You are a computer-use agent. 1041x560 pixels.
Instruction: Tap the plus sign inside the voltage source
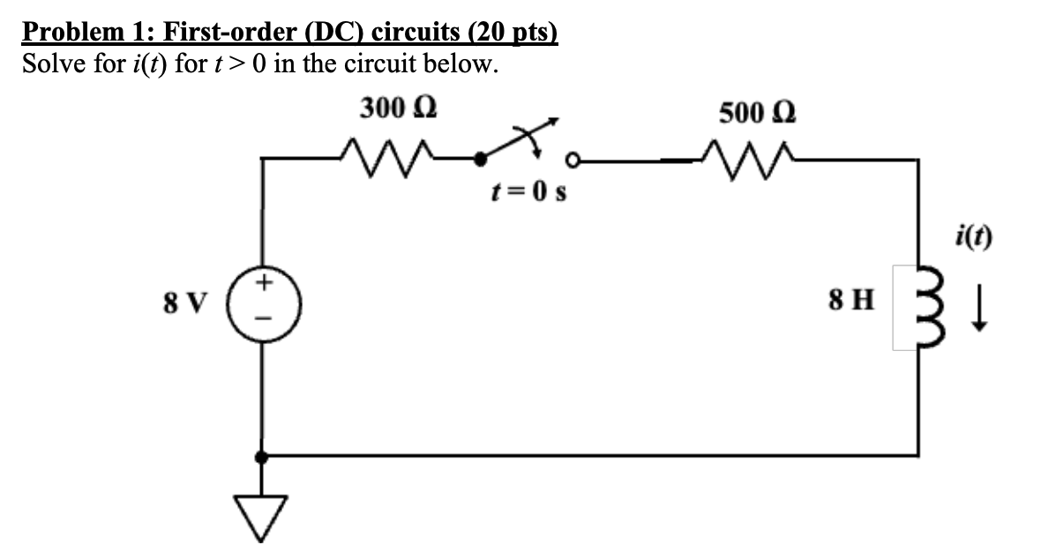[x=264, y=284]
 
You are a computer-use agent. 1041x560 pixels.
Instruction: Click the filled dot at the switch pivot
[x=479, y=160]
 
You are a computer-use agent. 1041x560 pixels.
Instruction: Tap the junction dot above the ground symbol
[x=262, y=456]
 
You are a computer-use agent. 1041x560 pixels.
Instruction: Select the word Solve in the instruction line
[x=51, y=63]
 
